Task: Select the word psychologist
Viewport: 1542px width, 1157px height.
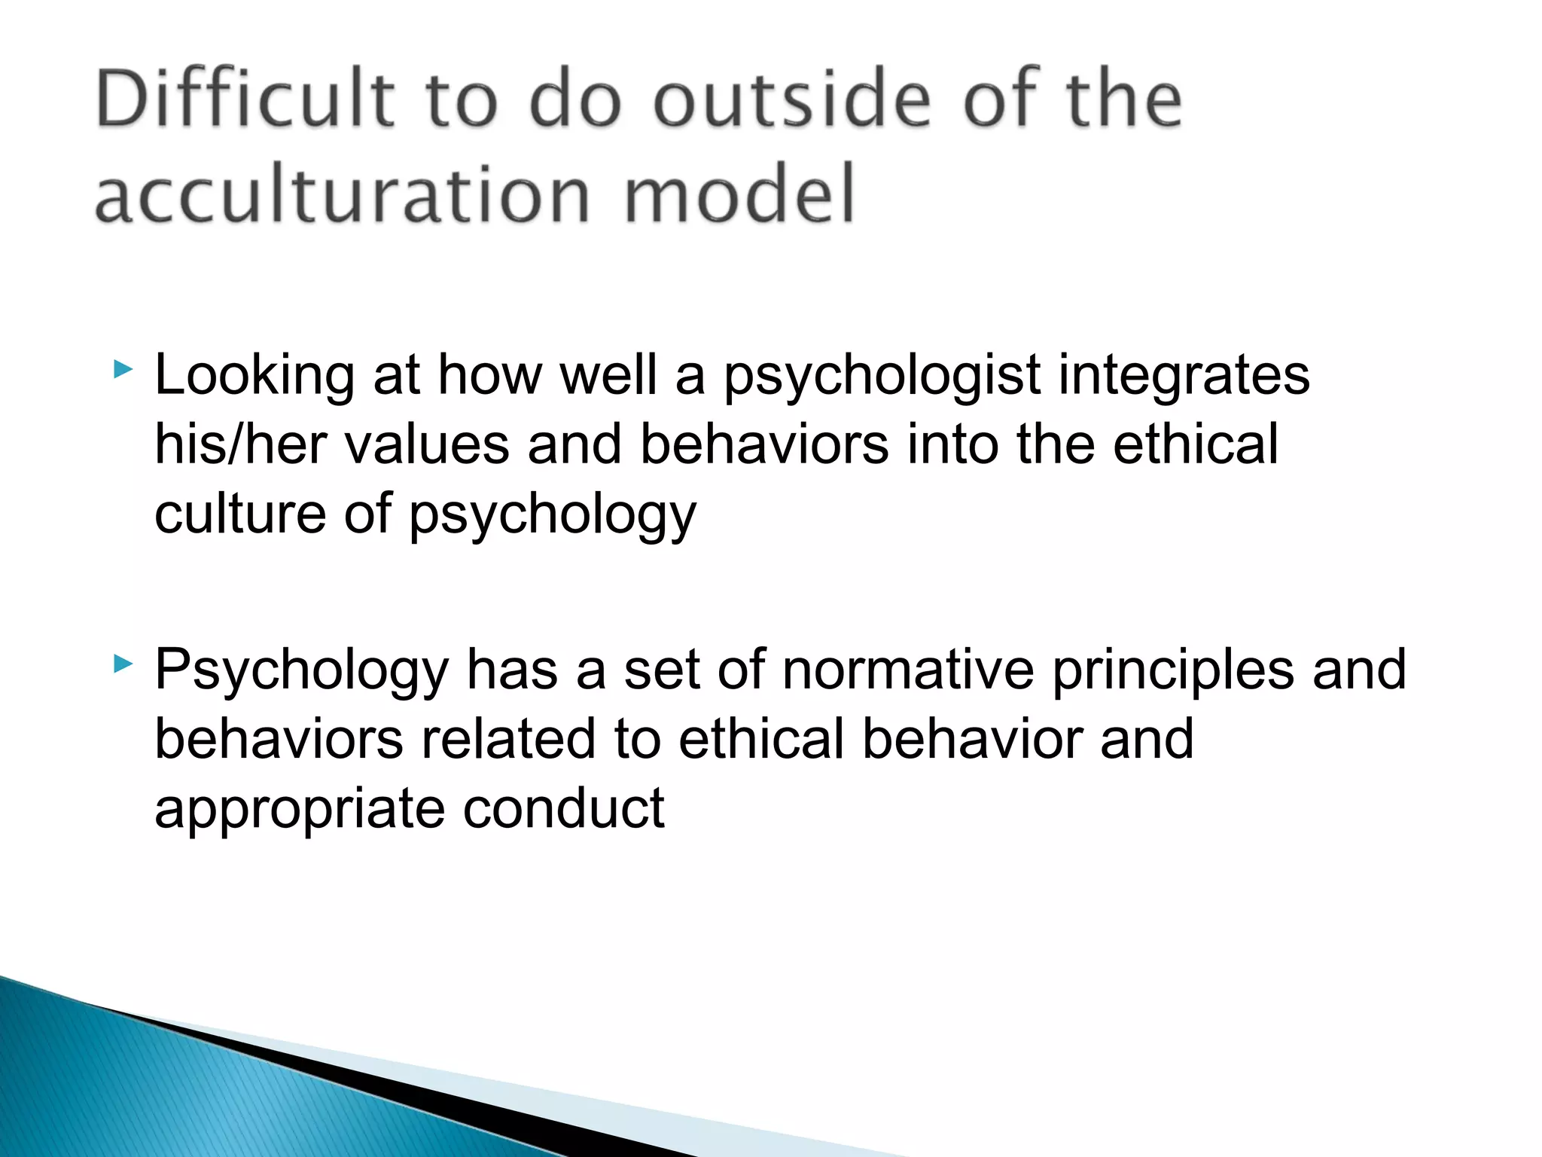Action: (x=882, y=377)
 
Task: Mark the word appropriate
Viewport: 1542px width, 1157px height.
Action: (x=300, y=810)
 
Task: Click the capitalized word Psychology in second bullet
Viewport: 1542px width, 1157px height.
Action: (x=301, y=670)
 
